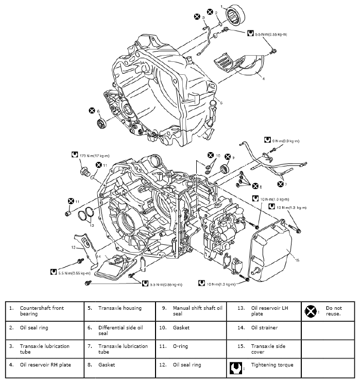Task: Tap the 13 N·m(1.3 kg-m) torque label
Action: click(x=289, y=208)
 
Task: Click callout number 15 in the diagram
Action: click(x=296, y=260)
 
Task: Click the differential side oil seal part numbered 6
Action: click(x=102, y=124)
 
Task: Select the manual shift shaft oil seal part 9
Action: click(x=225, y=168)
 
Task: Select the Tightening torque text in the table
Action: click(x=272, y=365)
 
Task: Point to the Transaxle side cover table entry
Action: click(x=265, y=348)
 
